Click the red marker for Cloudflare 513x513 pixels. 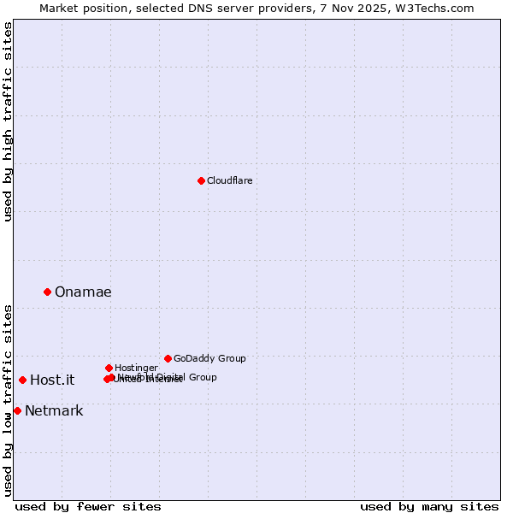coord(201,180)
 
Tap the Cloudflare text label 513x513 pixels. coord(230,180)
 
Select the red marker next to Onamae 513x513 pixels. coord(47,292)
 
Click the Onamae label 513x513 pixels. coord(83,292)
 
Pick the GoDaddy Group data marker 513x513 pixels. coord(168,358)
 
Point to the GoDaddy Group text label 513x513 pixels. coord(209,358)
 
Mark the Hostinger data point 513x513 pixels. coord(109,368)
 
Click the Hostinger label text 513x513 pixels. coord(136,368)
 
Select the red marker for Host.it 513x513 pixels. coord(22,380)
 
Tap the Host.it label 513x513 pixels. coord(52,380)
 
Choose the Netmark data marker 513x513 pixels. coord(17,410)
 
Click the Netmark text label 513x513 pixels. coord(54,411)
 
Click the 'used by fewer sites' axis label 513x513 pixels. coord(88,506)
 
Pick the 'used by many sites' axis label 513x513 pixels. coord(429,506)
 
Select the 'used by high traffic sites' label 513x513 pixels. coord(8,121)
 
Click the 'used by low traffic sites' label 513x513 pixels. coord(8,399)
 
